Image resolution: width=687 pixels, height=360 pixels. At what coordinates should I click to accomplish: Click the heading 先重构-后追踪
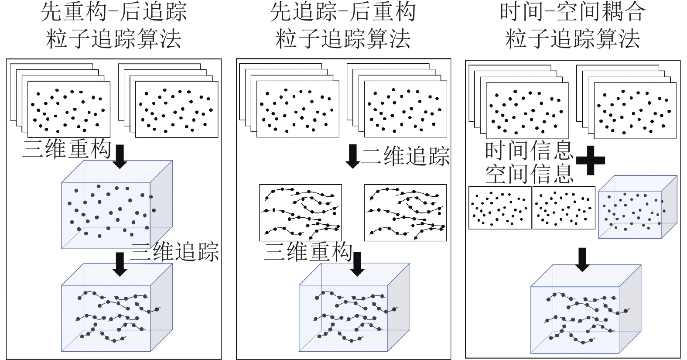[113, 12]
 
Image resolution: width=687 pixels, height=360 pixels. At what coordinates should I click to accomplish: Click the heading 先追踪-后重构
[343, 12]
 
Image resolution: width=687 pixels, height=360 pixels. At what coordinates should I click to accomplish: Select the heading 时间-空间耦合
[572, 12]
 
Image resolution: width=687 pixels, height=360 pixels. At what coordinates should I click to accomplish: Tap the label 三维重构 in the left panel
[67, 149]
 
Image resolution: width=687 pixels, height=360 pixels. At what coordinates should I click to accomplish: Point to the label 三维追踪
[175, 252]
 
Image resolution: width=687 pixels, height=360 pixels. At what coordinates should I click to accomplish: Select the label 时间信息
[529, 151]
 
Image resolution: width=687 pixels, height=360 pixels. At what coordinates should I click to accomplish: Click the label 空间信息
[529, 173]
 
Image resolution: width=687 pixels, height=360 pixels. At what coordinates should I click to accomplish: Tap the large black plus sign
[591, 160]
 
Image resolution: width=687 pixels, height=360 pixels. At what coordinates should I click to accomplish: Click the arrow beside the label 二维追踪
[352, 156]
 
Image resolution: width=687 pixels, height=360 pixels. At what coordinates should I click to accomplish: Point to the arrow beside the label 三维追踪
[120, 264]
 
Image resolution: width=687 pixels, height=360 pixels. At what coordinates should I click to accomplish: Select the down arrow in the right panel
[582, 259]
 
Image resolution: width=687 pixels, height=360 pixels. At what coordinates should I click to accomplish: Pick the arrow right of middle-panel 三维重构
[357, 264]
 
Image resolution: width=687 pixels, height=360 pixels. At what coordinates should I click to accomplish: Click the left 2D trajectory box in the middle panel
[300, 213]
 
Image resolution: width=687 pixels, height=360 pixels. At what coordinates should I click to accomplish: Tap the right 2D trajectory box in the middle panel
[405, 213]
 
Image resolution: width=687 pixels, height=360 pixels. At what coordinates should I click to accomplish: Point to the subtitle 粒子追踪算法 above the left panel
[113, 38]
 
